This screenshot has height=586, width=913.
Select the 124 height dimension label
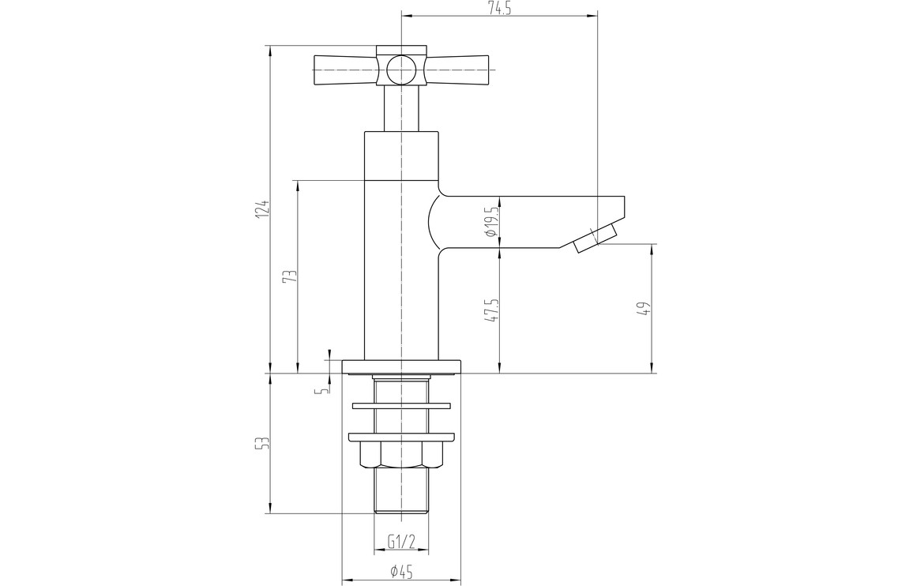264,208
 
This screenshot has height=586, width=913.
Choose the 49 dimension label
644,308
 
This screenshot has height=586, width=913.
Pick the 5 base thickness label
320,390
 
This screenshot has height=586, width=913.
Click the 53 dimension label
264,443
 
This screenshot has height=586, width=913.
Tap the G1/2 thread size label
401,543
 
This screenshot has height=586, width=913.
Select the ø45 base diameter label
402,572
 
